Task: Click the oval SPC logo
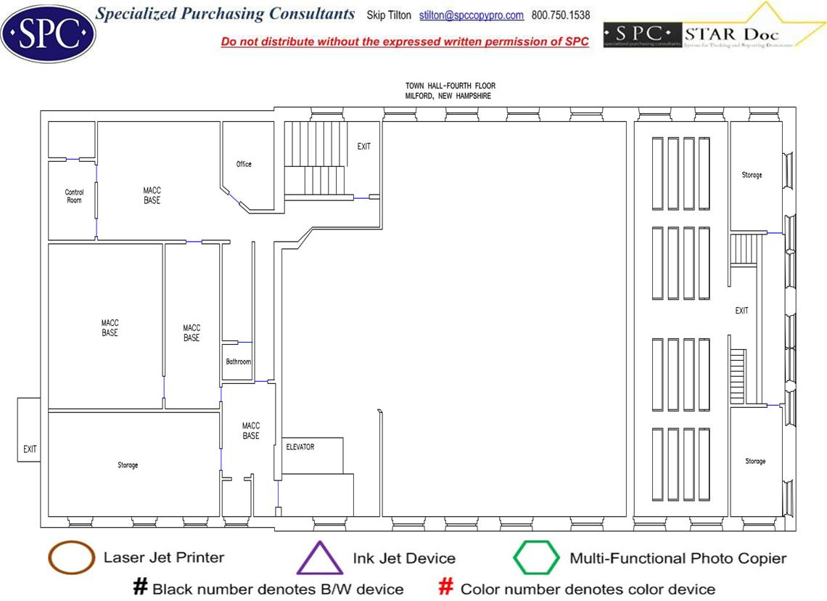[x=49, y=32]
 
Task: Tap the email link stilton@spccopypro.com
[x=471, y=15]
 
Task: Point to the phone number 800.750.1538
[x=561, y=15]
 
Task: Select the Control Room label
[x=74, y=196]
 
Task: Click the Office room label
[x=244, y=164]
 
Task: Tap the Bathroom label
[x=238, y=361]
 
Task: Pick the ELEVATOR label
[x=300, y=447]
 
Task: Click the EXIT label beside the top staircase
[x=363, y=147]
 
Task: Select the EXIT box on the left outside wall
[x=30, y=449]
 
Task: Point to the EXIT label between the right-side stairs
[x=741, y=311]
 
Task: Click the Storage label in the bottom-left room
[x=128, y=465]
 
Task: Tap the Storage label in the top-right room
[x=752, y=175]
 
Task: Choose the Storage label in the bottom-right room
[x=755, y=462]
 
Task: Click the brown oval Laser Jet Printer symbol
[x=70, y=557]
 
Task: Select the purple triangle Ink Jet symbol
[x=320, y=560]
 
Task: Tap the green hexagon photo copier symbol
[x=536, y=557]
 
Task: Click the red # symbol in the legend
[x=447, y=588]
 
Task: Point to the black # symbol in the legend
[x=140, y=588]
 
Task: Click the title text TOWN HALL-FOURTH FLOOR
[x=450, y=86]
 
